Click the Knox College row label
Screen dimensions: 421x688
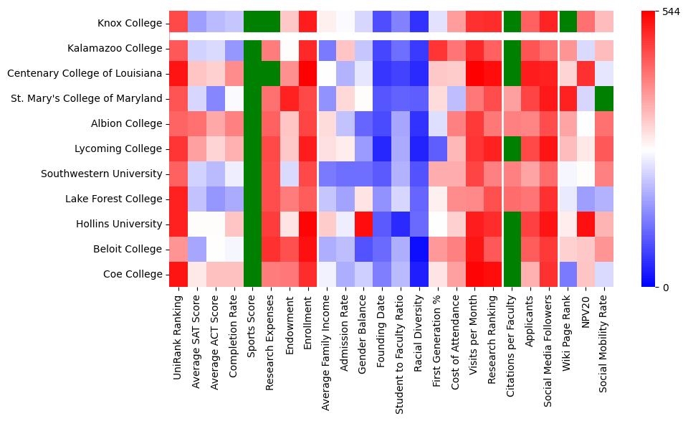132,23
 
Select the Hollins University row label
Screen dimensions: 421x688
122,224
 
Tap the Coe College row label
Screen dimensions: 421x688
133,274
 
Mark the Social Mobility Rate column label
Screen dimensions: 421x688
604,344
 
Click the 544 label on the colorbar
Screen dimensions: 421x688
671,12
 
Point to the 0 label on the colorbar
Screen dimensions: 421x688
666,288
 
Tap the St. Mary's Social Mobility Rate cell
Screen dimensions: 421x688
604,98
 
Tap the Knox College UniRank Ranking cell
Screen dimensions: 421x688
178,23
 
